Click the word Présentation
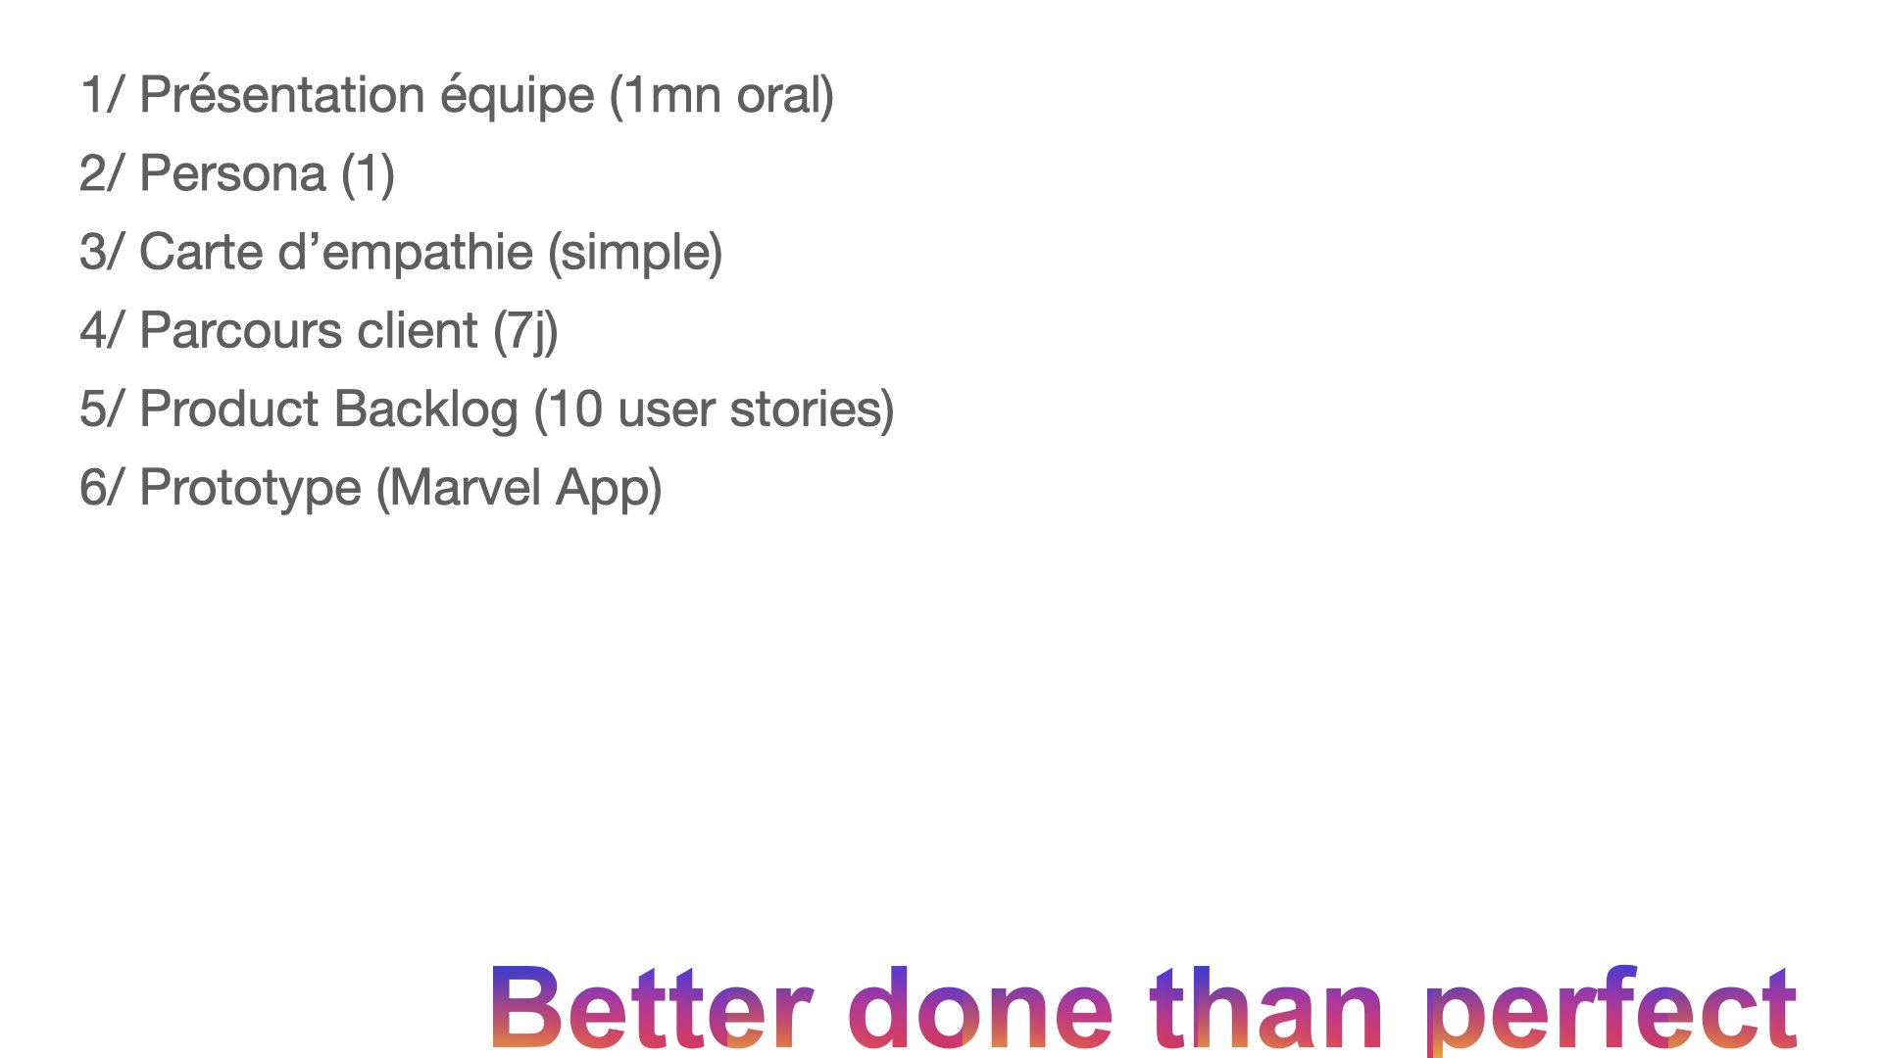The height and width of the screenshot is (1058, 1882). pos(282,95)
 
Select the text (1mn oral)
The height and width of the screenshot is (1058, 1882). pos(721,96)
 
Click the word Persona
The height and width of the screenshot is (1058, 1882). pos(232,173)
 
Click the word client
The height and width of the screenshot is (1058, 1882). pos(418,330)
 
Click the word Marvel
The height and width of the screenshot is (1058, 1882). pos(466,487)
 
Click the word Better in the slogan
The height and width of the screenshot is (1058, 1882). pos(652,1007)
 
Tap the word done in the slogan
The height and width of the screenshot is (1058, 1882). pos(980,1007)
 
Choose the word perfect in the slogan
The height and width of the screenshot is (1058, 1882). pos(1610,1009)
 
